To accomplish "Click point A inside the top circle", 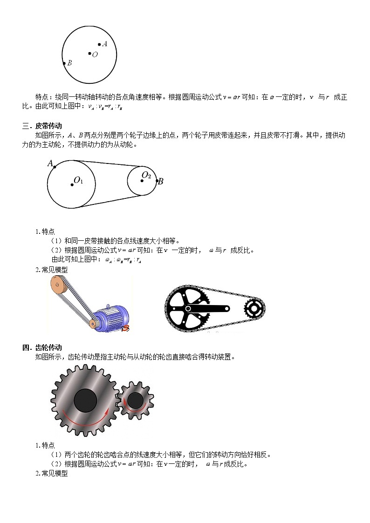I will click(99, 45).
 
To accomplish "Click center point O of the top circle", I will click(90, 54).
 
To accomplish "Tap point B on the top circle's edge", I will click(64, 63).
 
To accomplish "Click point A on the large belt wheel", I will click(55, 167).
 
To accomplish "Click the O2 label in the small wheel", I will click(146, 175).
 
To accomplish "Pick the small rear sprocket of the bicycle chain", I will click(254, 307).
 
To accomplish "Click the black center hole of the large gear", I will click(85, 400).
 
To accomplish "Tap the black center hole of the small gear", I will click(135, 401).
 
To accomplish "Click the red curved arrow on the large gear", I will click(89, 419).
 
